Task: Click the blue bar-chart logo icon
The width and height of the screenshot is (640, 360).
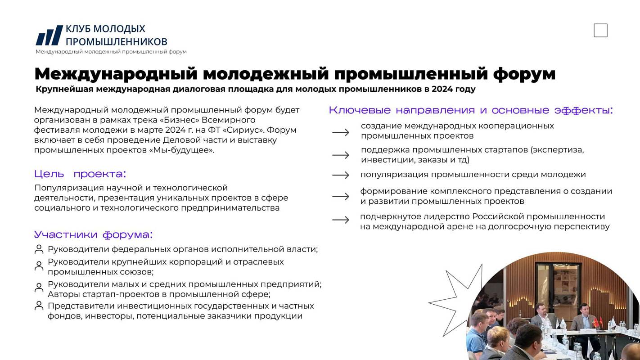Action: (x=49, y=35)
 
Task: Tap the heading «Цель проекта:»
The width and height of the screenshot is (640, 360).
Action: (x=80, y=174)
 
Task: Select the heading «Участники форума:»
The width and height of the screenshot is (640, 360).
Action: (x=94, y=235)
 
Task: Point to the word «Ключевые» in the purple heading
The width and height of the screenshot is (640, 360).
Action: (x=360, y=110)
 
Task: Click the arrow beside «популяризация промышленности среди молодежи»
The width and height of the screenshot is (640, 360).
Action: (x=341, y=175)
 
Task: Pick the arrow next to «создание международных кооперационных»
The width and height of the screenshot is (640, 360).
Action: (x=341, y=132)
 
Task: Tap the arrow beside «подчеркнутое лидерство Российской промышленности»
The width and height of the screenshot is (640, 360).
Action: (x=341, y=220)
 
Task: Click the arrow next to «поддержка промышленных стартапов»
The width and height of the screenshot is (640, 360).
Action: (x=341, y=155)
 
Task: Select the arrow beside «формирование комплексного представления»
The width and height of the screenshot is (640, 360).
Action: (x=341, y=196)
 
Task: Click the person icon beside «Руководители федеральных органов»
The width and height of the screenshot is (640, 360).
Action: (x=39, y=249)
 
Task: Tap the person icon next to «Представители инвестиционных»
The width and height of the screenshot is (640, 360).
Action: (x=39, y=306)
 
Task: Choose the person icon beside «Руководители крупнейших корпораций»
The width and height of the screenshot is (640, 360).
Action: (x=39, y=265)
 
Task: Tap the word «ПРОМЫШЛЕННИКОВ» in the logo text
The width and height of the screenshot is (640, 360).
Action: (x=117, y=42)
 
